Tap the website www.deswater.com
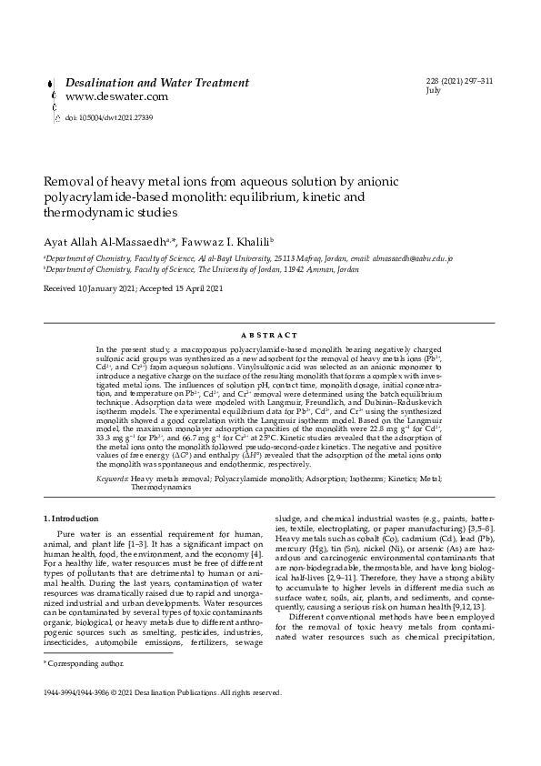104,96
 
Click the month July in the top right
435,91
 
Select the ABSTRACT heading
270,337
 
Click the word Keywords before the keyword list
112,479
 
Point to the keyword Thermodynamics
161,488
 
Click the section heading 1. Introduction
76,519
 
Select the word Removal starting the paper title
73,182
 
